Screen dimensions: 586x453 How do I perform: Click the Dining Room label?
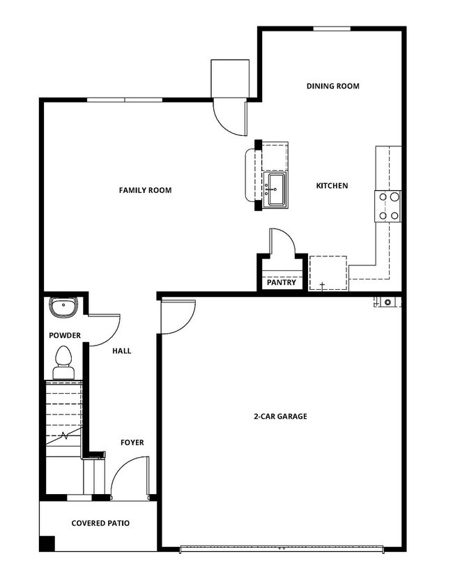coord(332,86)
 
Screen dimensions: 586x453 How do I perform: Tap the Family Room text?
coord(145,190)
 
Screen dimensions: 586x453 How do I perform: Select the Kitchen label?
coord(332,185)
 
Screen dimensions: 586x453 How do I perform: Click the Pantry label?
coord(281,283)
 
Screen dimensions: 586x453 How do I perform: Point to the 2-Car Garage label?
coord(279,416)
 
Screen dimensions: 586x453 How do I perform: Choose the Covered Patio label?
coord(100,523)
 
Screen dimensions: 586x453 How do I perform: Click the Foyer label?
coord(132,442)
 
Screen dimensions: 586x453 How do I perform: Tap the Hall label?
coord(121,351)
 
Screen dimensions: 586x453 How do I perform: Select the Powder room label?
coord(64,336)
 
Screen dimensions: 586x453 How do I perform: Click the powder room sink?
coord(64,307)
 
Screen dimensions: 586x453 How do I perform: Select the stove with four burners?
coord(389,206)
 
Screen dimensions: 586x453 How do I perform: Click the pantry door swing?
coord(282,242)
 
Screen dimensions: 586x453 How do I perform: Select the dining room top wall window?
coord(331,29)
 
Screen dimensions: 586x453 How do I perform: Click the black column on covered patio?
coord(47,543)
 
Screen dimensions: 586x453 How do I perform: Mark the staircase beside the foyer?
coord(63,418)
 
